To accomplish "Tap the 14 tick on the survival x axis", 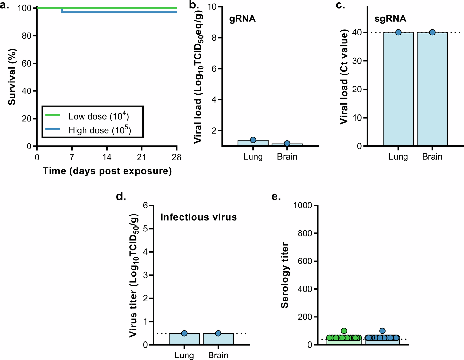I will [107, 157].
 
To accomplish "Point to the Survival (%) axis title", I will [12, 77].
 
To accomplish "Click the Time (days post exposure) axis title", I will [107, 171].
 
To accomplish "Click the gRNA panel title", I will [242, 19].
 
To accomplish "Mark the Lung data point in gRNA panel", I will [253, 140].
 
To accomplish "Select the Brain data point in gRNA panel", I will [287, 143].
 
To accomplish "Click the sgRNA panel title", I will [390, 19].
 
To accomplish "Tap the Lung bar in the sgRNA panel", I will [398, 90].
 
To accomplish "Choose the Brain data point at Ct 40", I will [432, 32].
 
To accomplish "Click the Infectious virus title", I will [198, 217].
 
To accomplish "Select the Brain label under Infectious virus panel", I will [218, 355].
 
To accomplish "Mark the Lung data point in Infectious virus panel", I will [184, 333].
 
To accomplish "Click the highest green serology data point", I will [344, 331].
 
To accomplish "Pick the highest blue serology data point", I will [382, 331].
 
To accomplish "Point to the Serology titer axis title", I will [284, 275].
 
